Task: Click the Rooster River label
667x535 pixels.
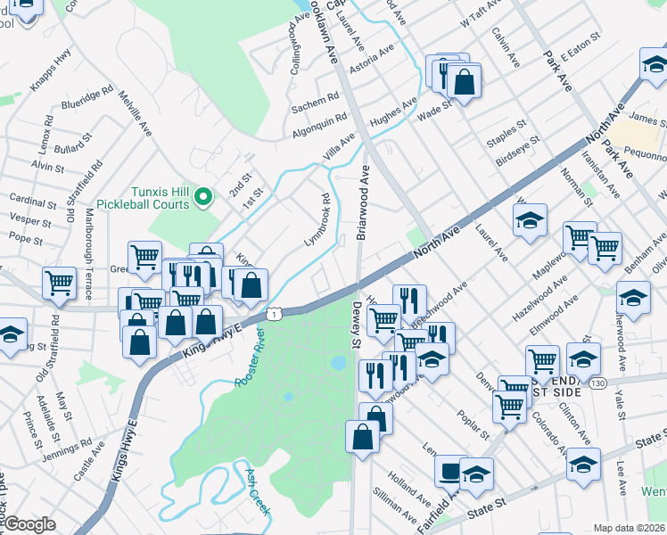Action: coord(251,357)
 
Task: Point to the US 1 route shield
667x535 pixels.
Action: coord(276,313)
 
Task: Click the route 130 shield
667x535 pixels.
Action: coord(598,382)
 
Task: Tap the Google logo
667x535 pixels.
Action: coord(29,524)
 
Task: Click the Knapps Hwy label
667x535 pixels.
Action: coord(51,69)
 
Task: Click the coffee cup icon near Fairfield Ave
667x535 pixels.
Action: coord(449,469)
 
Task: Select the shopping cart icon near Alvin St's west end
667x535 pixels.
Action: coord(59,283)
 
